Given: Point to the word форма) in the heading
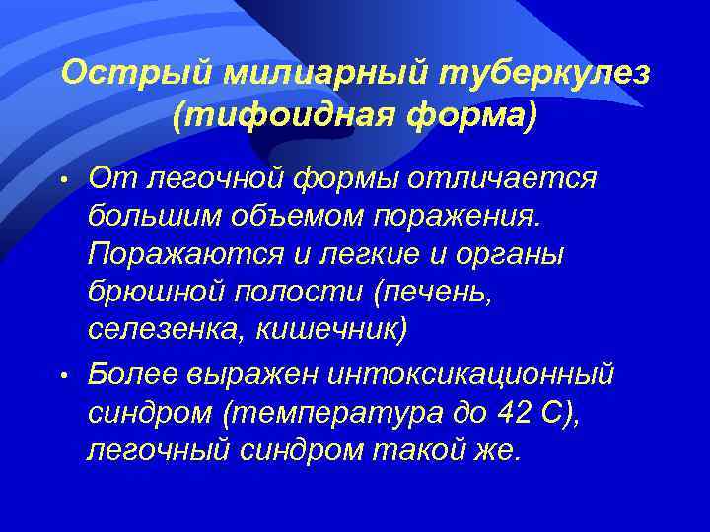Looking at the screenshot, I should click(462, 117).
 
